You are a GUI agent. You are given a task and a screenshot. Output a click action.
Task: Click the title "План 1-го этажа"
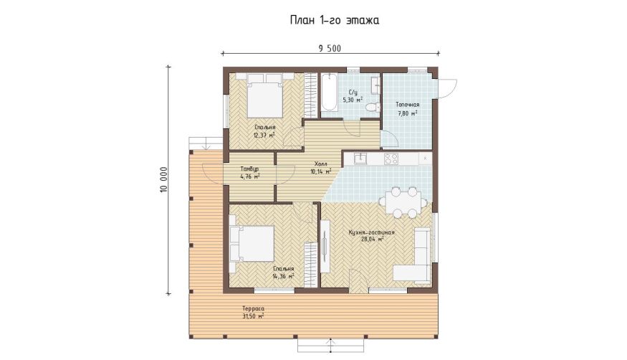point(335,20)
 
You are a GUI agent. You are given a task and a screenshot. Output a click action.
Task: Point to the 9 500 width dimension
point(330,48)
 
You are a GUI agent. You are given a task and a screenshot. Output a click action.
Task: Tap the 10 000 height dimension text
point(163,179)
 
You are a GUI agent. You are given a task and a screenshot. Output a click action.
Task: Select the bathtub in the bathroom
point(330,92)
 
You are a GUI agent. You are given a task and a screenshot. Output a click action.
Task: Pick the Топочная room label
point(408,105)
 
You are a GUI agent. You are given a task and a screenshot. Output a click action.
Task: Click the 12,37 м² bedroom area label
point(264,136)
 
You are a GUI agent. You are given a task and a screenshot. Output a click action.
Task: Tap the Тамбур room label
point(249,169)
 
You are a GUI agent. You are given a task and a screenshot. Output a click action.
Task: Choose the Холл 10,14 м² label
point(321,168)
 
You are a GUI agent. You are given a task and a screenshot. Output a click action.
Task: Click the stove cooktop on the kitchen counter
point(391,158)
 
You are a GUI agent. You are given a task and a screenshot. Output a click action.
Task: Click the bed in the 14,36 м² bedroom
point(252,243)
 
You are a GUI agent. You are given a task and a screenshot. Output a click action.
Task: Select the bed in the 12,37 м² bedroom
point(264,95)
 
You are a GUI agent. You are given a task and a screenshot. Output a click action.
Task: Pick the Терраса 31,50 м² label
point(253,312)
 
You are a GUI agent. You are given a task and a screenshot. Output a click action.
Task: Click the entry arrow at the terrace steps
point(330,346)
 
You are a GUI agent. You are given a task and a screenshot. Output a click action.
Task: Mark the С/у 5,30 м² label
point(353,96)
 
